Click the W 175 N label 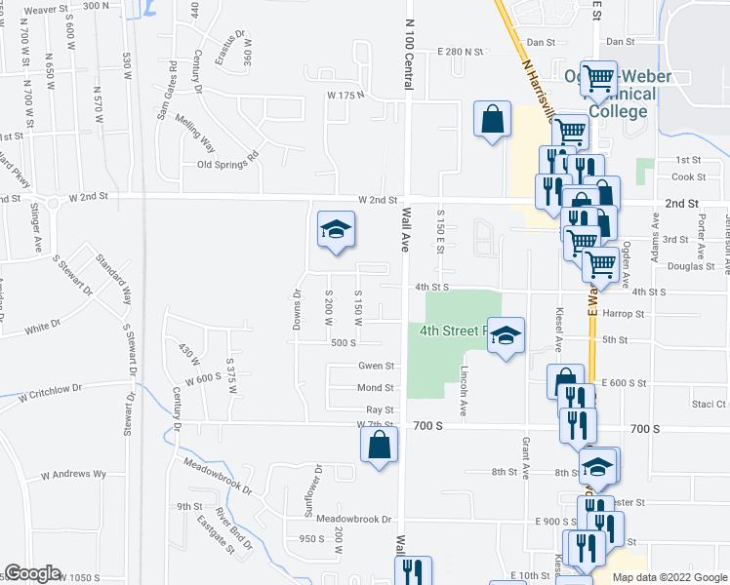click(x=345, y=95)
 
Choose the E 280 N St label click(x=461, y=51)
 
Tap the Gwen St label click(x=376, y=367)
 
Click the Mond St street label click(x=376, y=388)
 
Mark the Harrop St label click(x=625, y=314)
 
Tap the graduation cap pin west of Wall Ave click(x=336, y=230)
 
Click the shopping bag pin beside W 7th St click(x=380, y=445)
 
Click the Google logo click(x=32, y=574)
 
